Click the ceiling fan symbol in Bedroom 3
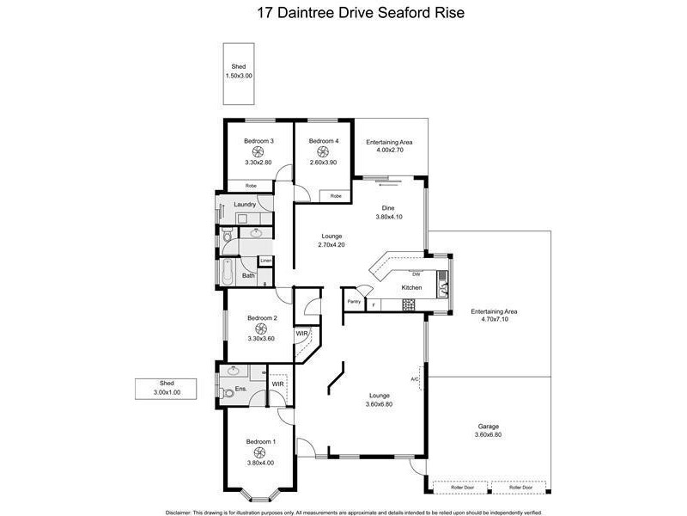click(x=258, y=151)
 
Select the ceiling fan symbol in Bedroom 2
click(x=262, y=328)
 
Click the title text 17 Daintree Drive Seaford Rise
click(x=343, y=14)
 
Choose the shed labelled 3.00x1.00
click(x=167, y=389)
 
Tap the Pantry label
click(x=354, y=302)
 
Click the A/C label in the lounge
click(x=415, y=378)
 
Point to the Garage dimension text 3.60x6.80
click(x=489, y=435)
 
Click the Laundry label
click(x=245, y=205)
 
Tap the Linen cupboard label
click(x=266, y=260)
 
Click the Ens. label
click(x=240, y=390)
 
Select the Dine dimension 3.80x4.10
click(x=393, y=218)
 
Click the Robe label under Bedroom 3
click(x=251, y=186)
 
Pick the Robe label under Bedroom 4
click(x=336, y=196)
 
